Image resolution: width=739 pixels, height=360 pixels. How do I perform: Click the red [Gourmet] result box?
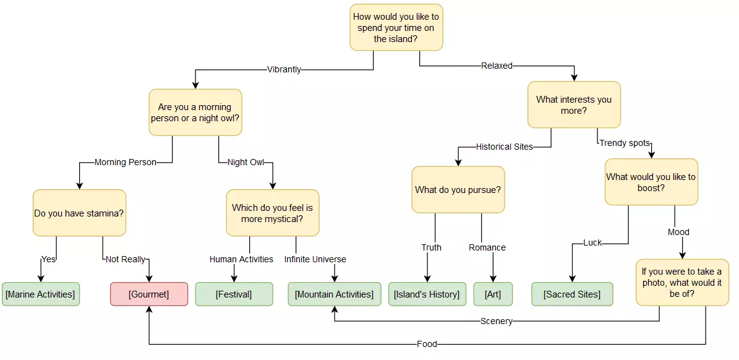pos(148,294)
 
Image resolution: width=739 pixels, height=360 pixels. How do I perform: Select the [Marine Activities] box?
pos(40,294)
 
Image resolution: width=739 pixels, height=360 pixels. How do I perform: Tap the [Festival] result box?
pos(234,294)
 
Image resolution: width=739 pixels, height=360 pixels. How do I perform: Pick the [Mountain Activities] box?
pos(334,294)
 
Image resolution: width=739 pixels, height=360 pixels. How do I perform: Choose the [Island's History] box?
pos(427,294)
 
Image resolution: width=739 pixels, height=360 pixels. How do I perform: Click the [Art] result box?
pos(493,294)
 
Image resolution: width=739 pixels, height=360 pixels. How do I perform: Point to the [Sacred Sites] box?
pos(572,294)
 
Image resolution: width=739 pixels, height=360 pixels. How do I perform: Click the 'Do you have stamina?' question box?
pos(79,213)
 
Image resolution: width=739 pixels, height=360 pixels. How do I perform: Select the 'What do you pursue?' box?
pos(458,190)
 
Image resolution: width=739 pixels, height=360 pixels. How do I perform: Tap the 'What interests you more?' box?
pos(574,105)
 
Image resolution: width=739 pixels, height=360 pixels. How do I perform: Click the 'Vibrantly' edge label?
pos(284,69)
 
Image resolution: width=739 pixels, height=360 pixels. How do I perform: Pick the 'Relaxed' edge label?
pos(497,66)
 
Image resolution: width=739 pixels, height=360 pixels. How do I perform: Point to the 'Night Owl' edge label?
pos(246,163)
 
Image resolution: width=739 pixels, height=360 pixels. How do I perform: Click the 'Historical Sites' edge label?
pos(504,147)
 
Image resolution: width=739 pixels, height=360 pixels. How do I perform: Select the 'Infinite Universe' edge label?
pos(315,259)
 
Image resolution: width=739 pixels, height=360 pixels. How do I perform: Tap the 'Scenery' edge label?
pos(497,321)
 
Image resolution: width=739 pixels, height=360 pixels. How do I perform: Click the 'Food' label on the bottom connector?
pos(427,344)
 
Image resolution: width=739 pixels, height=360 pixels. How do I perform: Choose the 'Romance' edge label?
pos(487,247)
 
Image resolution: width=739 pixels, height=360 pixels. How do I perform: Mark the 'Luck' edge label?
pos(592,243)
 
